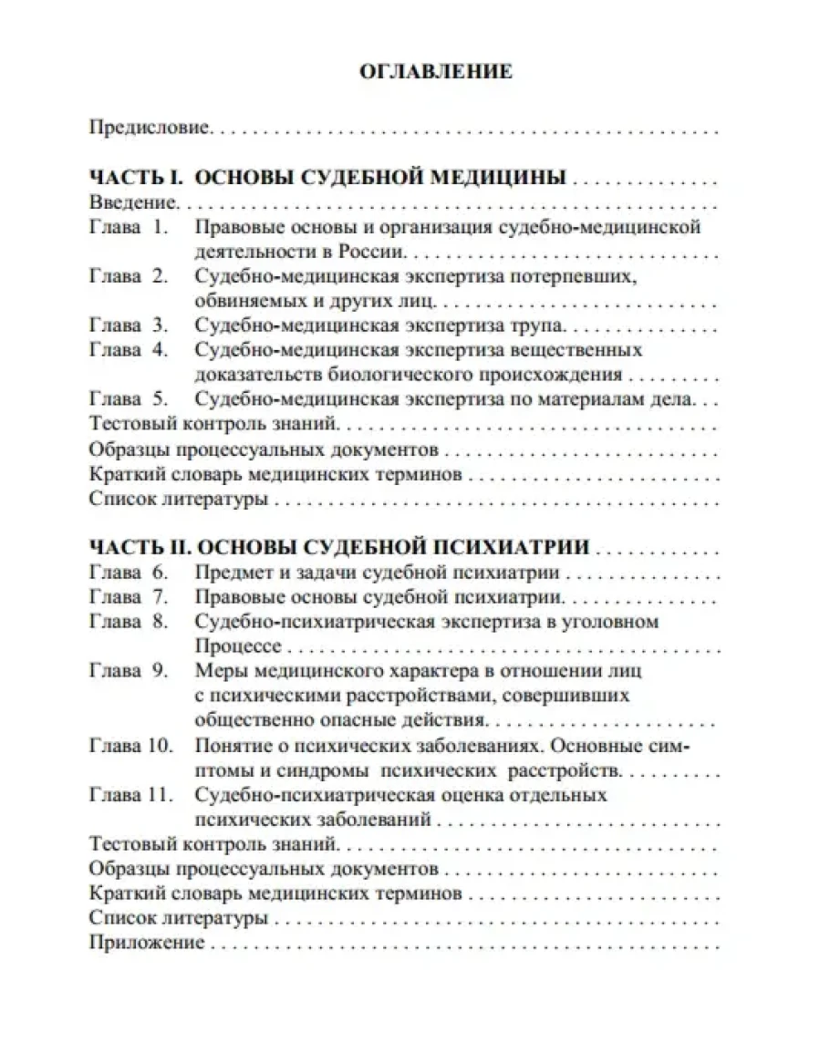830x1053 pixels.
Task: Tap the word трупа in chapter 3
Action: coord(540,325)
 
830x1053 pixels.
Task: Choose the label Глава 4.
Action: coord(130,349)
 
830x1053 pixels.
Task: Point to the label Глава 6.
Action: coord(130,573)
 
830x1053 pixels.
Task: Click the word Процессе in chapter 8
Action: coord(239,646)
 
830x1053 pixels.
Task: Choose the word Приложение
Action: coord(147,943)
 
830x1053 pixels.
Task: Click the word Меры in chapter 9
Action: coord(220,671)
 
